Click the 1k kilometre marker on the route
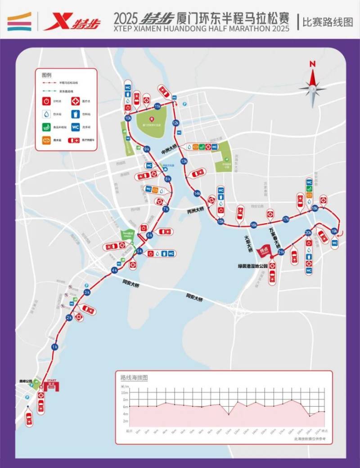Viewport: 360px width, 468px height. [x=54, y=347]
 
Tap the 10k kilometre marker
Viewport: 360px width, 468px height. [x=128, y=118]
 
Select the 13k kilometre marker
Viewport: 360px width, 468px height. [x=184, y=161]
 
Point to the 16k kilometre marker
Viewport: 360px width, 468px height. [x=254, y=225]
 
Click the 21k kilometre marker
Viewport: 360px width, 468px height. [x=281, y=252]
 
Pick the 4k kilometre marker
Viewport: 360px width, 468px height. [x=114, y=270]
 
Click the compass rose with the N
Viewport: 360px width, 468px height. [x=312, y=88]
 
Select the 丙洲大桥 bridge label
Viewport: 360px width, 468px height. [x=196, y=210]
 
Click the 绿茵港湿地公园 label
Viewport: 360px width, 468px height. [x=253, y=266]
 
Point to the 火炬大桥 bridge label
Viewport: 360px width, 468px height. [x=247, y=243]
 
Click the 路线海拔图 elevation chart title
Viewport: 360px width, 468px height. [x=134, y=378]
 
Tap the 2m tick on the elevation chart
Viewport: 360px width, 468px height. [x=126, y=421]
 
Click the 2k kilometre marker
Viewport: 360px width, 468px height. [x=69, y=318]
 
